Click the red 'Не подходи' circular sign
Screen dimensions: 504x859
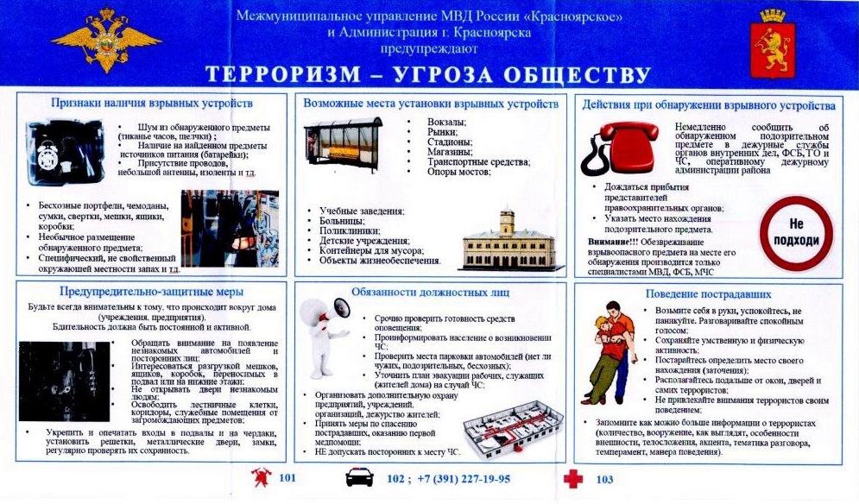click(794, 230)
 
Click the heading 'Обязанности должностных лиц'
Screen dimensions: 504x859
click(428, 292)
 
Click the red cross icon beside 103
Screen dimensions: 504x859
click(573, 479)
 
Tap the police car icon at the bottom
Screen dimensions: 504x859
click(360, 478)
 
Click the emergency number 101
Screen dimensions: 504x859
click(289, 479)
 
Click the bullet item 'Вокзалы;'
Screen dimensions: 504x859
click(447, 122)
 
